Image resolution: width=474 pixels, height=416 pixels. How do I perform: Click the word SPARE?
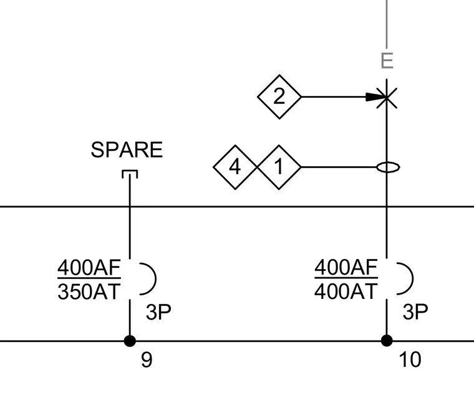pyautogui.click(x=127, y=149)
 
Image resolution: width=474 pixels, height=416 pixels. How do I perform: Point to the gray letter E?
pyautogui.click(x=387, y=60)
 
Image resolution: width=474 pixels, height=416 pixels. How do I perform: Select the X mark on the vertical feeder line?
pyautogui.click(x=387, y=97)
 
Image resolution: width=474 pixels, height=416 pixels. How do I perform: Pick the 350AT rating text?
pyautogui.click(x=89, y=291)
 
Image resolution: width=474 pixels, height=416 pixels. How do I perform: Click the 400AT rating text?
pyautogui.click(x=346, y=291)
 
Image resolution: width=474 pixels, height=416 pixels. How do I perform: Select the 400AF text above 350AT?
pyautogui.click(x=89, y=267)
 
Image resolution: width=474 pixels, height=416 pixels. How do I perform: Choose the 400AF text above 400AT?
pyautogui.click(x=346, y=267)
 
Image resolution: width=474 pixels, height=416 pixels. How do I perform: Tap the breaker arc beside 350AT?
pyautogui.click(x=156, y=278)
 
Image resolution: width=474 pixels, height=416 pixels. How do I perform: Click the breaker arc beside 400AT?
pyautogui.click(x=413, y=278)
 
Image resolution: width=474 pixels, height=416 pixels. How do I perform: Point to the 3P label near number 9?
pyautogui.click(x=158, y=312)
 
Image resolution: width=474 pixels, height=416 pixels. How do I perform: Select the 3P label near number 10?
pyautogui.click(x=415, y=312)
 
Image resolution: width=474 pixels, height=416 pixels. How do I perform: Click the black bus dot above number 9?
pyautogui.click(x=130, y=341)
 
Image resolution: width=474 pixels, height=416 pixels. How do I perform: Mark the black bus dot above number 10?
pyautogui.click(x=387, y=341)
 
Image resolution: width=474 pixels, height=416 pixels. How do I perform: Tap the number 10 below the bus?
pyautogui.click(x=410, y=359)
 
